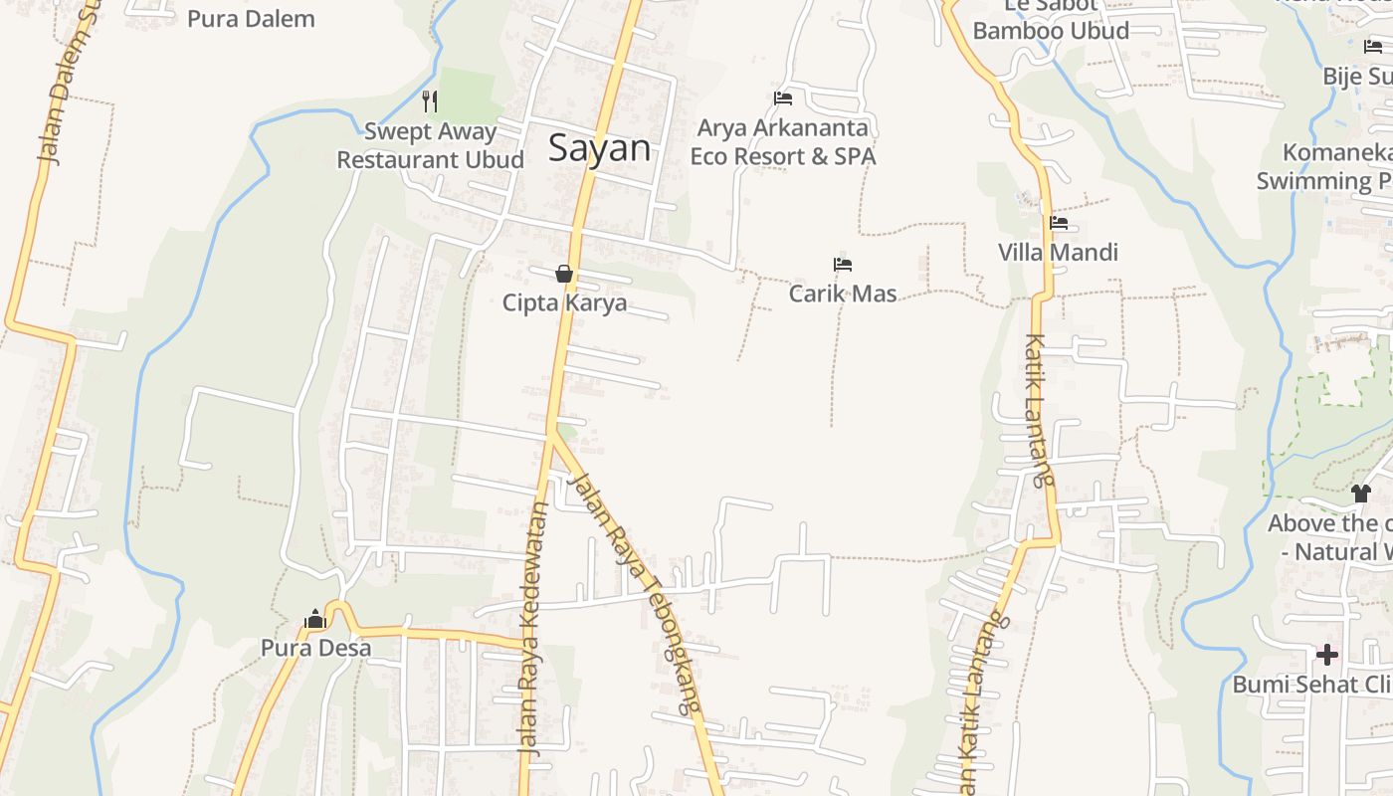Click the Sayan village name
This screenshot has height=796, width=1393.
coord(599,149)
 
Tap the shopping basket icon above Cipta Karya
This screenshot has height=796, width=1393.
coord(564,274)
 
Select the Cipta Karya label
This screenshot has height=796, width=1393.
coord(564,302)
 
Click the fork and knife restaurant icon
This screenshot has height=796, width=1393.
coord(430,100)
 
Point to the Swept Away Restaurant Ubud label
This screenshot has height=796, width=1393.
coord(430,145)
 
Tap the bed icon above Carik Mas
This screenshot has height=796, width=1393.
coord(843,265)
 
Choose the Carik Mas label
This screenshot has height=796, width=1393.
coord(843,294)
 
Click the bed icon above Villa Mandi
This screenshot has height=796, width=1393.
coord(1059,223)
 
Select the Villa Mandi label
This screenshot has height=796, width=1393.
coord(1058,252)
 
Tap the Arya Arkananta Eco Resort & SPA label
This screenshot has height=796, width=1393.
coord(783,142)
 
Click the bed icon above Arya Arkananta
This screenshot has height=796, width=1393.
coord(783,98)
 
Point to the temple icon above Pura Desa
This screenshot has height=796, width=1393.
coord(315,619)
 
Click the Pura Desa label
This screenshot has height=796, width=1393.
coord(315,648)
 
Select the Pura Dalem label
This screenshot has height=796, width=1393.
coord(251,18)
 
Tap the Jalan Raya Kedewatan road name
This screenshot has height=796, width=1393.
coord(534,628)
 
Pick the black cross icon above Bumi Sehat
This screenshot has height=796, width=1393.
coord(1327,655)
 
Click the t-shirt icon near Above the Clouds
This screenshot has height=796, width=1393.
coord(1361,493)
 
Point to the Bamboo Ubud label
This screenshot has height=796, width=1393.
coord(1051,30)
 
